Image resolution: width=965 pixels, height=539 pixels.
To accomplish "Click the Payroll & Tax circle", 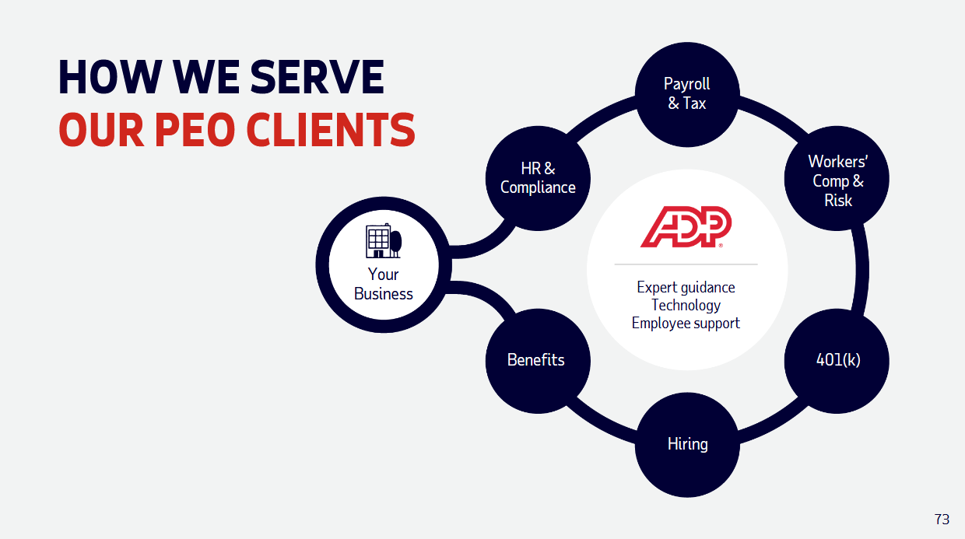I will pos(686,93).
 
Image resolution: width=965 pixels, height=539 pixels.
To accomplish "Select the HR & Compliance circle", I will pos(538,178).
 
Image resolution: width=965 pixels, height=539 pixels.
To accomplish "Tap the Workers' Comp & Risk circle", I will pos(837,180).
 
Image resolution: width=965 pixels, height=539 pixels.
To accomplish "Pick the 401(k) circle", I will pos(837,361).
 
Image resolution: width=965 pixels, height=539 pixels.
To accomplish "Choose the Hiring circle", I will pos(686,445).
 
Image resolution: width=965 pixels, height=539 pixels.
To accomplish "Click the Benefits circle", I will pos(536,360).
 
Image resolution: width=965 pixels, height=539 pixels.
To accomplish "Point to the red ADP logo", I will pos(686,227).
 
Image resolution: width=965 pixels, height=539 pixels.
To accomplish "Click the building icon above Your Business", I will pos(383,241).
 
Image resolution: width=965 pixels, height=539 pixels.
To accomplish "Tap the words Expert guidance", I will pos(686,287).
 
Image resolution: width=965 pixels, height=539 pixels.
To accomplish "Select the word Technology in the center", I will pos(686,305).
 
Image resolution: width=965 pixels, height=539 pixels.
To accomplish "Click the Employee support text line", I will pos(686,323).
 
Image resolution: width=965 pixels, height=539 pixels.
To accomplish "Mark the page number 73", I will pos(942,520).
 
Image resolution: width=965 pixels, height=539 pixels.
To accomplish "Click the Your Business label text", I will pos(383,284).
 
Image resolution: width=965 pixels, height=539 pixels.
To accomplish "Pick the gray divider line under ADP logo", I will pos(686,264).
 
